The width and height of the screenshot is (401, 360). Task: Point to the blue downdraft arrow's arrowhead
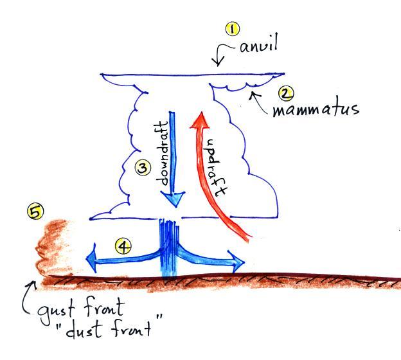pos(172,201)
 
